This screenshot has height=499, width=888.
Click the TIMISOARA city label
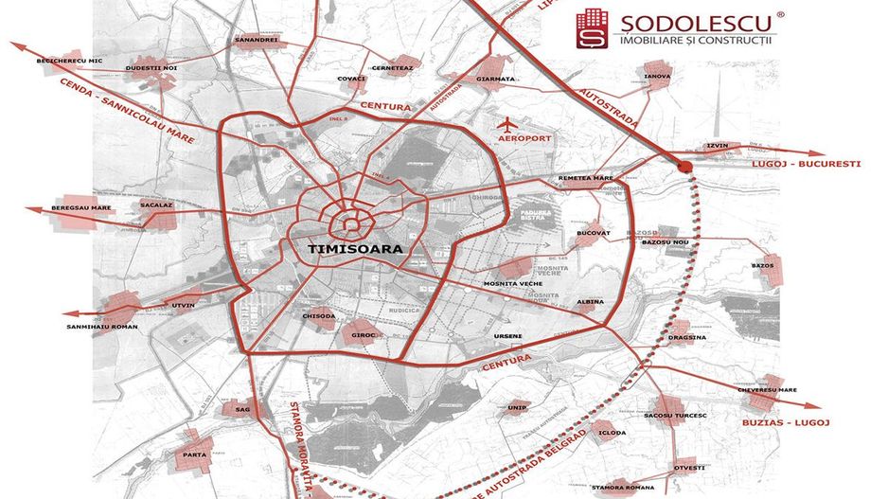(355, 248)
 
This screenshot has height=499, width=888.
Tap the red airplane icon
(508, 123)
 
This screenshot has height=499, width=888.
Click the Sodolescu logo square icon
(593, 28)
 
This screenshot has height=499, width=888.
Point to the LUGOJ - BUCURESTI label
(806, 164)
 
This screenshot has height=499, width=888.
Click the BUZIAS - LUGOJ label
(788, 421)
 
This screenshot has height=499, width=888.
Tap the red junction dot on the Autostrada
(686, 167)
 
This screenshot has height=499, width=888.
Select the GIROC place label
(364, 335)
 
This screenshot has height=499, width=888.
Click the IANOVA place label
(657, 76)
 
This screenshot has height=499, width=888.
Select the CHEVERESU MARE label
(767, 389)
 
